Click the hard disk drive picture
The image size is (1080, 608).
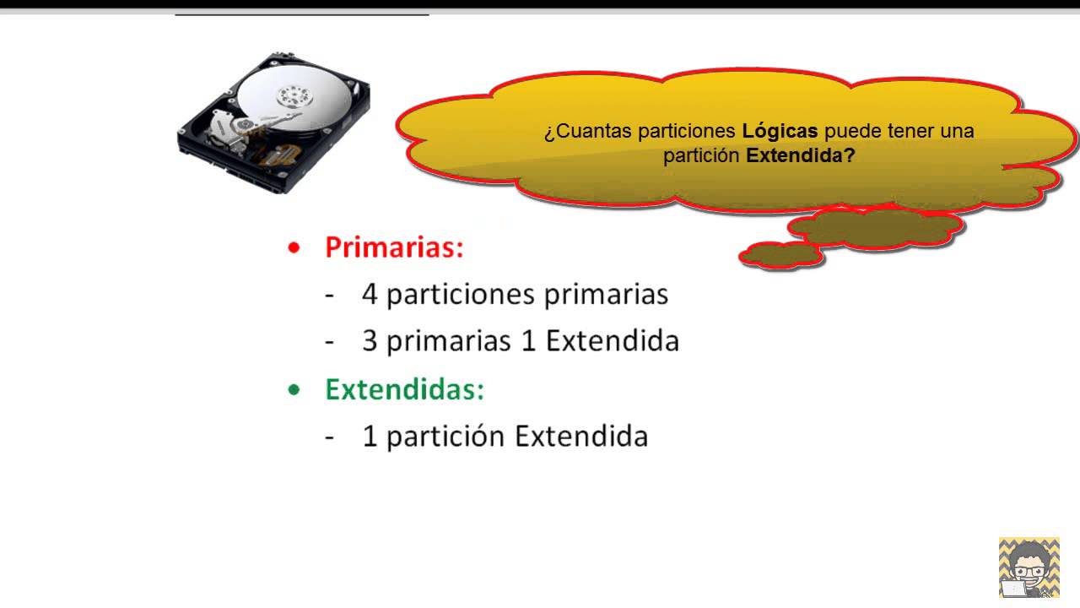click(x=273, y=122)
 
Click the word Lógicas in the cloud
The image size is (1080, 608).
click(x=780, y=132)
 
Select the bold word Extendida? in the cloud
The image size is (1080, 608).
click(x=801, y=156)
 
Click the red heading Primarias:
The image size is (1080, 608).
click(x=394, y=247)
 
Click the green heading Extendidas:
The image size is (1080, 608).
click(x=405, y=389)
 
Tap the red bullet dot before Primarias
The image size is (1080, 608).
click(x=294, y=248)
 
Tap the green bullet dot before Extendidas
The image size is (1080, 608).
click(x=294, y=390)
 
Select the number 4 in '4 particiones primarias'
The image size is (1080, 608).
click(x=370, y=294)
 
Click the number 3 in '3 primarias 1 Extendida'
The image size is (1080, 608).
click(x=370, y=340)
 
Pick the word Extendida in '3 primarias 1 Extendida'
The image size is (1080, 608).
click(x=612, y=340)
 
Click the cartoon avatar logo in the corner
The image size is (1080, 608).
click(x=1029, y=567)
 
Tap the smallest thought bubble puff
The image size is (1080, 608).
click(x=780, y=255)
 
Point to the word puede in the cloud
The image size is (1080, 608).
click(x=850, y=132)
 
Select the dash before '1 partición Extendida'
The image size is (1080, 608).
click(x=330, y=437)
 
